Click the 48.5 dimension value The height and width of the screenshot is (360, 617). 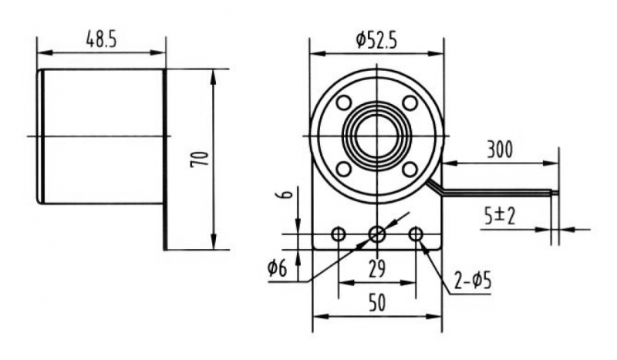[x=102, y=41]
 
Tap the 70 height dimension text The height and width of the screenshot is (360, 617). [x=199, y=159]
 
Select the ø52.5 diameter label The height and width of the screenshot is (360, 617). [x=376, y=41]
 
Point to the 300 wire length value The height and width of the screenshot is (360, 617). [x=500, y=150]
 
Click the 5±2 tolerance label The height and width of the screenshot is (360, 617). [x=499, y=216]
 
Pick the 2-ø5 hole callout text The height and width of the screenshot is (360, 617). [x=473, y=281]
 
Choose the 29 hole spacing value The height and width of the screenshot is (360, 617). [x=377, y=269]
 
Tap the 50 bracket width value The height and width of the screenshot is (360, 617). [x=377, y=303]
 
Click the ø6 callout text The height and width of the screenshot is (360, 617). [x=278, y=268]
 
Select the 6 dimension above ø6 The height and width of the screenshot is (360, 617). [x=288, y=193]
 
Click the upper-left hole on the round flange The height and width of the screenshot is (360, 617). [x=344, y=103]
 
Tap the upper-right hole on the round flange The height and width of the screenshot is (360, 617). [x=410, y=103]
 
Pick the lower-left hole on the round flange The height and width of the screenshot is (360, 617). [x=344, y=169]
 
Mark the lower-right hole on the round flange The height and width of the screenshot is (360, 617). [x=410, y=169]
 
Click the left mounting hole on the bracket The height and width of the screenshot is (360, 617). [x=339, y=235]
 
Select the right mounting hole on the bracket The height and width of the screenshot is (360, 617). [x=415, y=235]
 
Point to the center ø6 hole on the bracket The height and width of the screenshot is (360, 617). [x=377, y=235]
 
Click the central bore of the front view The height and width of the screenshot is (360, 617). [x=377, y=136]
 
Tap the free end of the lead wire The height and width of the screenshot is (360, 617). [x=558, y=193]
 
